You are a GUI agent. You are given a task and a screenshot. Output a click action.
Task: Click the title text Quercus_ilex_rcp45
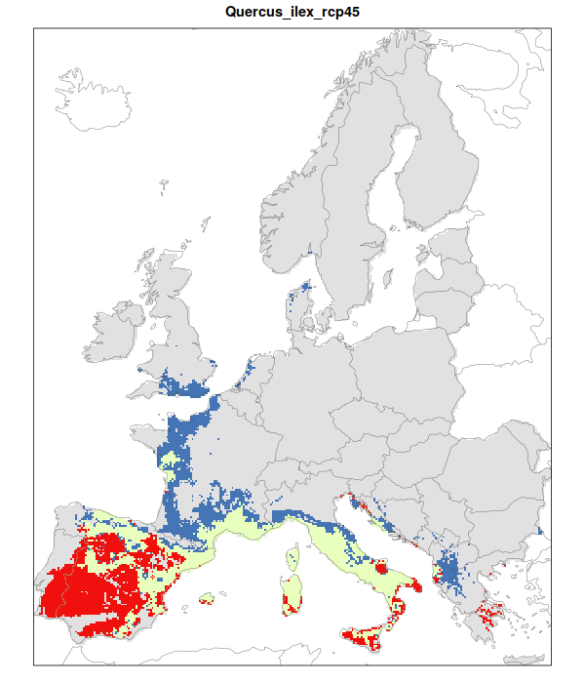coord(292,13)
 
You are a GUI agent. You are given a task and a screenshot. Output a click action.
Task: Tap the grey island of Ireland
coord(115,333)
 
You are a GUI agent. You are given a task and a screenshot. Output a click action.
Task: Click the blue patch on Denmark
coord(305,290)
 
